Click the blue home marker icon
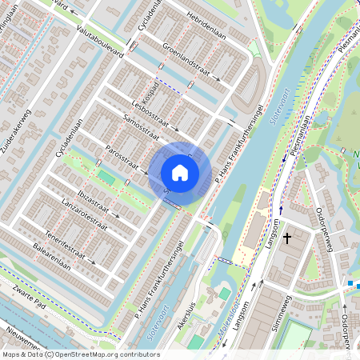[x=180, y=172]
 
